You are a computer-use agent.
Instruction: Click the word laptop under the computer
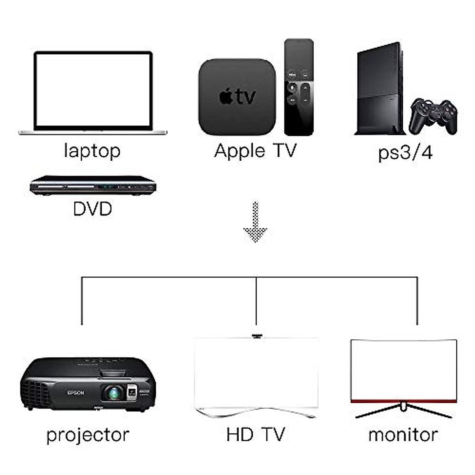point(92,151)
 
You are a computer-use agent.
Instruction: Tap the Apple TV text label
point(255,151)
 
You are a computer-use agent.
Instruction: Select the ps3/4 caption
point(405,152)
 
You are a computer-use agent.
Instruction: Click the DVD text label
point(93,209)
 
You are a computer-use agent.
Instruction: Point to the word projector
point(88,435)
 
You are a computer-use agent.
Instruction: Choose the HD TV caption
point(255,435)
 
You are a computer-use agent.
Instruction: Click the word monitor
point(403,435)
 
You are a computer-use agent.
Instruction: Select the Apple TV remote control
point(299,87)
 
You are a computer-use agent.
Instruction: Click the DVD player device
point(93,185)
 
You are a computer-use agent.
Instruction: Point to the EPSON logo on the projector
point(76,393)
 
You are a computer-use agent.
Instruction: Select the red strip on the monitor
point(404,401)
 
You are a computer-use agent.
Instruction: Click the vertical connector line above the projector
point(82,301)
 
